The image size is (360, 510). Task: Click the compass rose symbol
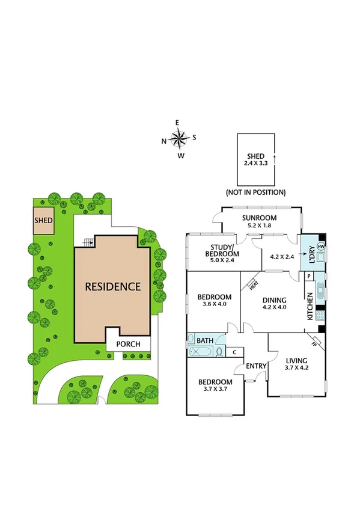179,140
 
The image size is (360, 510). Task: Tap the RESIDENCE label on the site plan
112,286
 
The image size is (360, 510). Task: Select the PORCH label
129,344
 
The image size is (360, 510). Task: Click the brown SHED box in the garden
43,221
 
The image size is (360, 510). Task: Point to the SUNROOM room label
259,218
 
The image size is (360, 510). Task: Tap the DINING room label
273,300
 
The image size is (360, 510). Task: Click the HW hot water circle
321,247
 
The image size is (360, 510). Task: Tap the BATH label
206,341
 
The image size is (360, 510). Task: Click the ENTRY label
257,366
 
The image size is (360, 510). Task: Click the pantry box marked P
309,276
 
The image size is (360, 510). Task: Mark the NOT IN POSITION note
255,192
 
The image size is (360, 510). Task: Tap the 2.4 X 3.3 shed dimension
255,163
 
